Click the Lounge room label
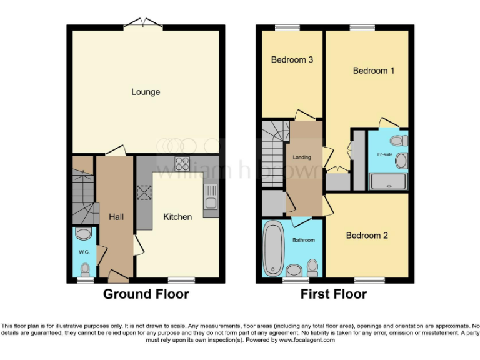[x=146, y=92]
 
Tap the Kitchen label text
[x=177, y=217]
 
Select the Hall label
[x=116, y=217]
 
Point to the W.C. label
[x=84, y=252]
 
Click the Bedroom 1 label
[x=374, y=71]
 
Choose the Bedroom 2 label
[x=367, y=236]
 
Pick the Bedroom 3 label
[x=292, y=60]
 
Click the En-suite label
[x=384, y=154]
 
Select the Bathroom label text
[x=304, y=240]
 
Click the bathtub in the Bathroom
[x=273, y=249]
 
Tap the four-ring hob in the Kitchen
[x=183, y=164]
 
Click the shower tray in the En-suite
[x=387, y=182]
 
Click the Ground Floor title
[x=146, y=294]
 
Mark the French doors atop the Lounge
[x=144, y=24]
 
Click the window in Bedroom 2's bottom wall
[x=369, y=281]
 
